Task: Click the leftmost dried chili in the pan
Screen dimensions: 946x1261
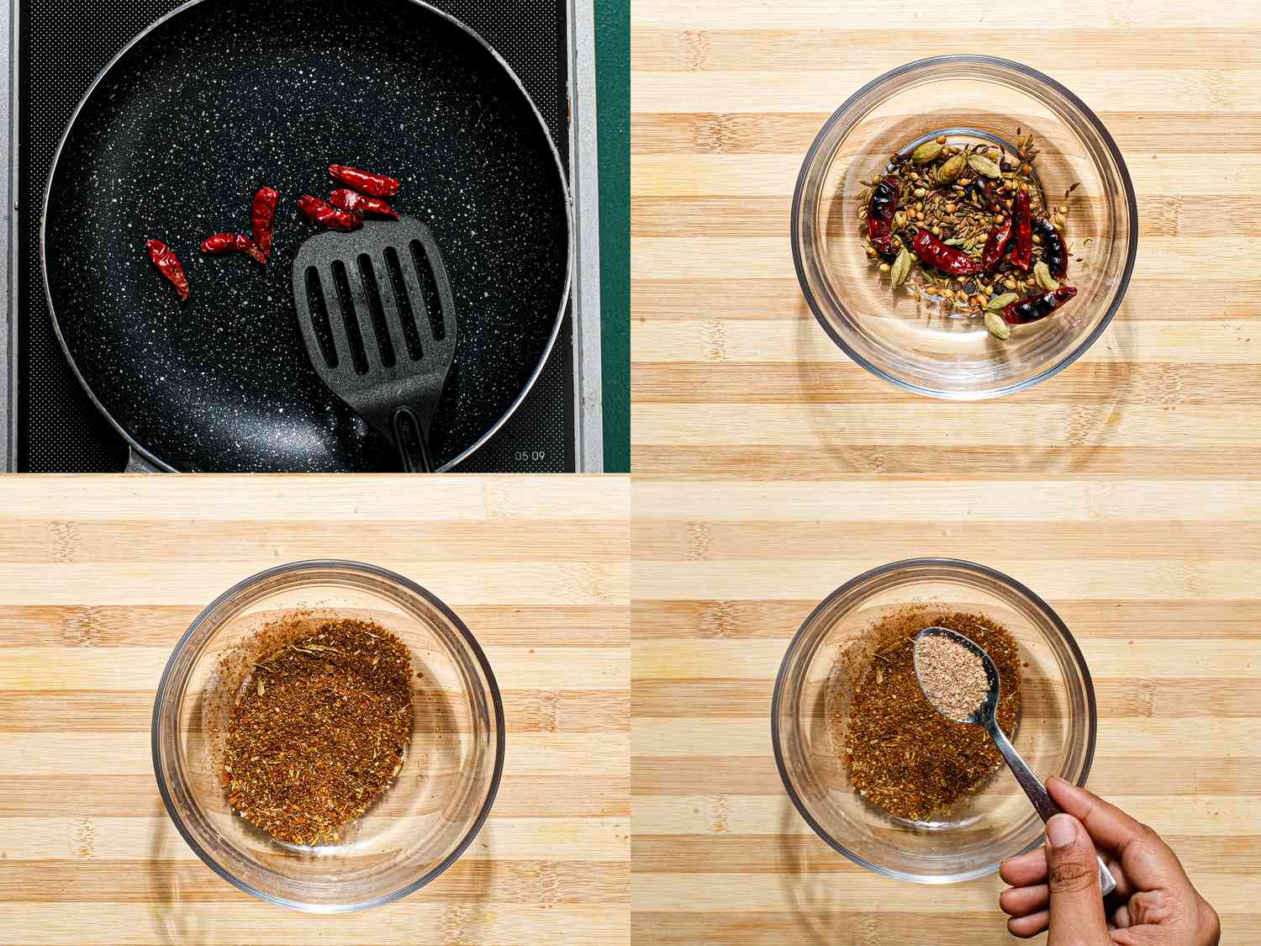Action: [x=168, y=267]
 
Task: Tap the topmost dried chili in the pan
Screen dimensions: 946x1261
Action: [x=363, y=179]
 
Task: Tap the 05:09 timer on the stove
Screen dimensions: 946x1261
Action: [x=530, y=456]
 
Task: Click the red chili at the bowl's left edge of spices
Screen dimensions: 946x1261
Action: [x=879, y=222]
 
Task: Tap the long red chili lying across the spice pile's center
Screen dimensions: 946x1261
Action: [x=946, y=252]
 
